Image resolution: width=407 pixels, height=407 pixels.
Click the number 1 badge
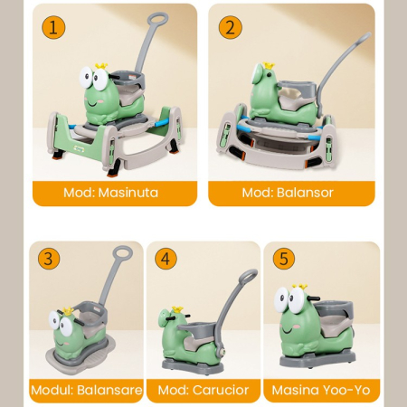pos(53,27)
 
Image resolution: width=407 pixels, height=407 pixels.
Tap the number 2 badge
pos(231,27)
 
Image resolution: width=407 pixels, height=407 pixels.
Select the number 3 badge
pos(49,259)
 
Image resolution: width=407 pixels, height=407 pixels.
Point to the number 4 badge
pos(165,259)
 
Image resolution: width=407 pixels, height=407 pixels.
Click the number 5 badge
pos(284,259)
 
